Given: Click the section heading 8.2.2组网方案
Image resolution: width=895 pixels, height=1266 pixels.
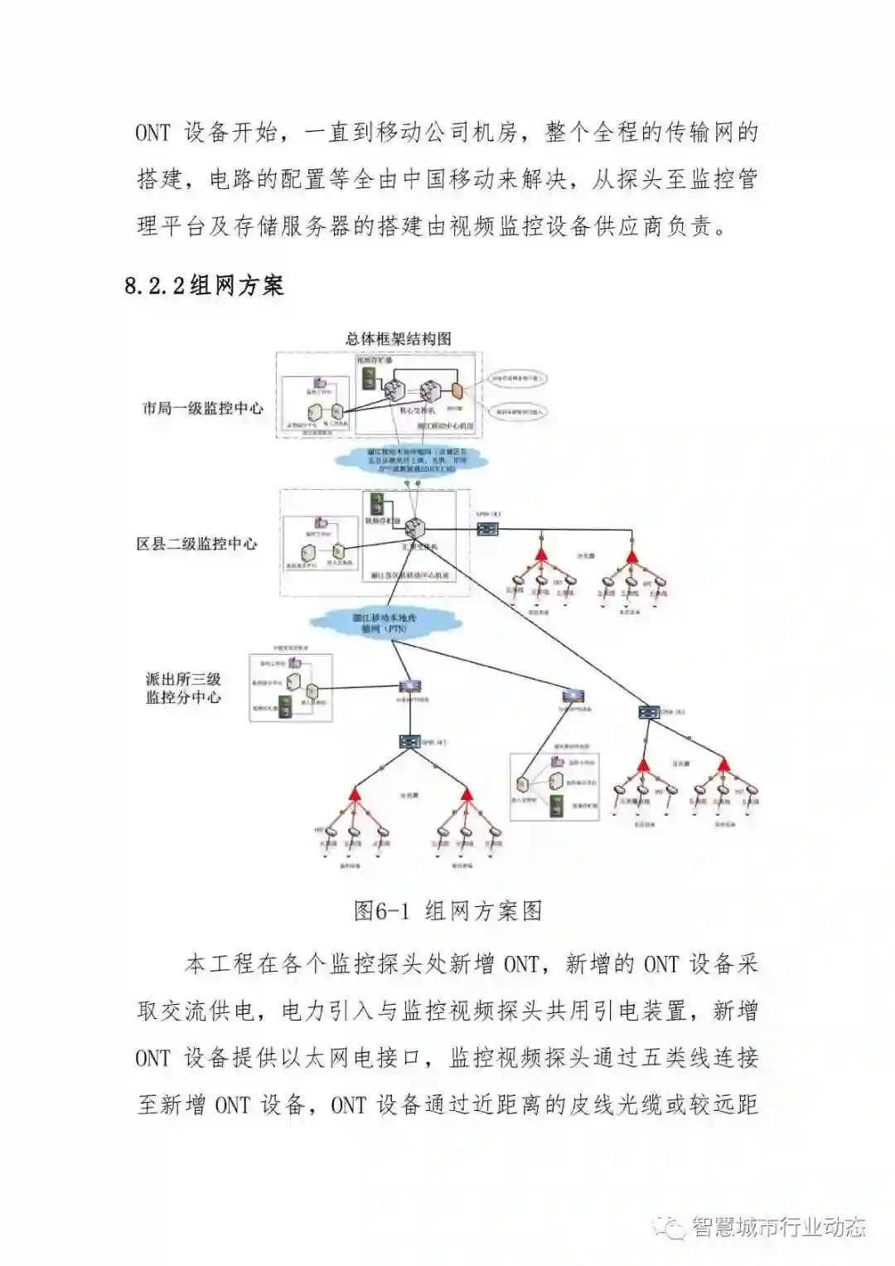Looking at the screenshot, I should point(205,286).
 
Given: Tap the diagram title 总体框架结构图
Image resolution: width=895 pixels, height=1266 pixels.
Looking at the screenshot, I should point(398,338).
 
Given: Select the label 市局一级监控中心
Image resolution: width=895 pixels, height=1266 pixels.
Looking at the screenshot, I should point(203,408).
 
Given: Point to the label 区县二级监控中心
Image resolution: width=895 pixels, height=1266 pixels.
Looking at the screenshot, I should point(197,544).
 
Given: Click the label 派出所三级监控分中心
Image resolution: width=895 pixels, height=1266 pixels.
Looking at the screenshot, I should point(184,688).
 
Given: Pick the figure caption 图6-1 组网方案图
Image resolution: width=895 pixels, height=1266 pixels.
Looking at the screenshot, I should point(447,911).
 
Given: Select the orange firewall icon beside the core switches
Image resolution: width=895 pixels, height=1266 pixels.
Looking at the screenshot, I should point(454,390).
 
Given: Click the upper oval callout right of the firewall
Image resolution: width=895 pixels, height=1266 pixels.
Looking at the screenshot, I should point(518,380).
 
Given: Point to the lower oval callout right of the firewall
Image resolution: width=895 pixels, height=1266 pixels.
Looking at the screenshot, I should point(518,410).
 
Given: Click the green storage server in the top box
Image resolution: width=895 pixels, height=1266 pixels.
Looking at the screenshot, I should point(368,381).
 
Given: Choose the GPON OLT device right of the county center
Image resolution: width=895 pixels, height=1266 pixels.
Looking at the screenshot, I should point(489,528).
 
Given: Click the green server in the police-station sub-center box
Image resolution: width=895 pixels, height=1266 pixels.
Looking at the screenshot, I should point(286,707).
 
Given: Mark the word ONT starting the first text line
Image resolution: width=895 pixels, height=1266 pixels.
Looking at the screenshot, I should point(152,133).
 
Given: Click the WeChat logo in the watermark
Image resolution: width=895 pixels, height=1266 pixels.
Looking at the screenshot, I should point(669,1227).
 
